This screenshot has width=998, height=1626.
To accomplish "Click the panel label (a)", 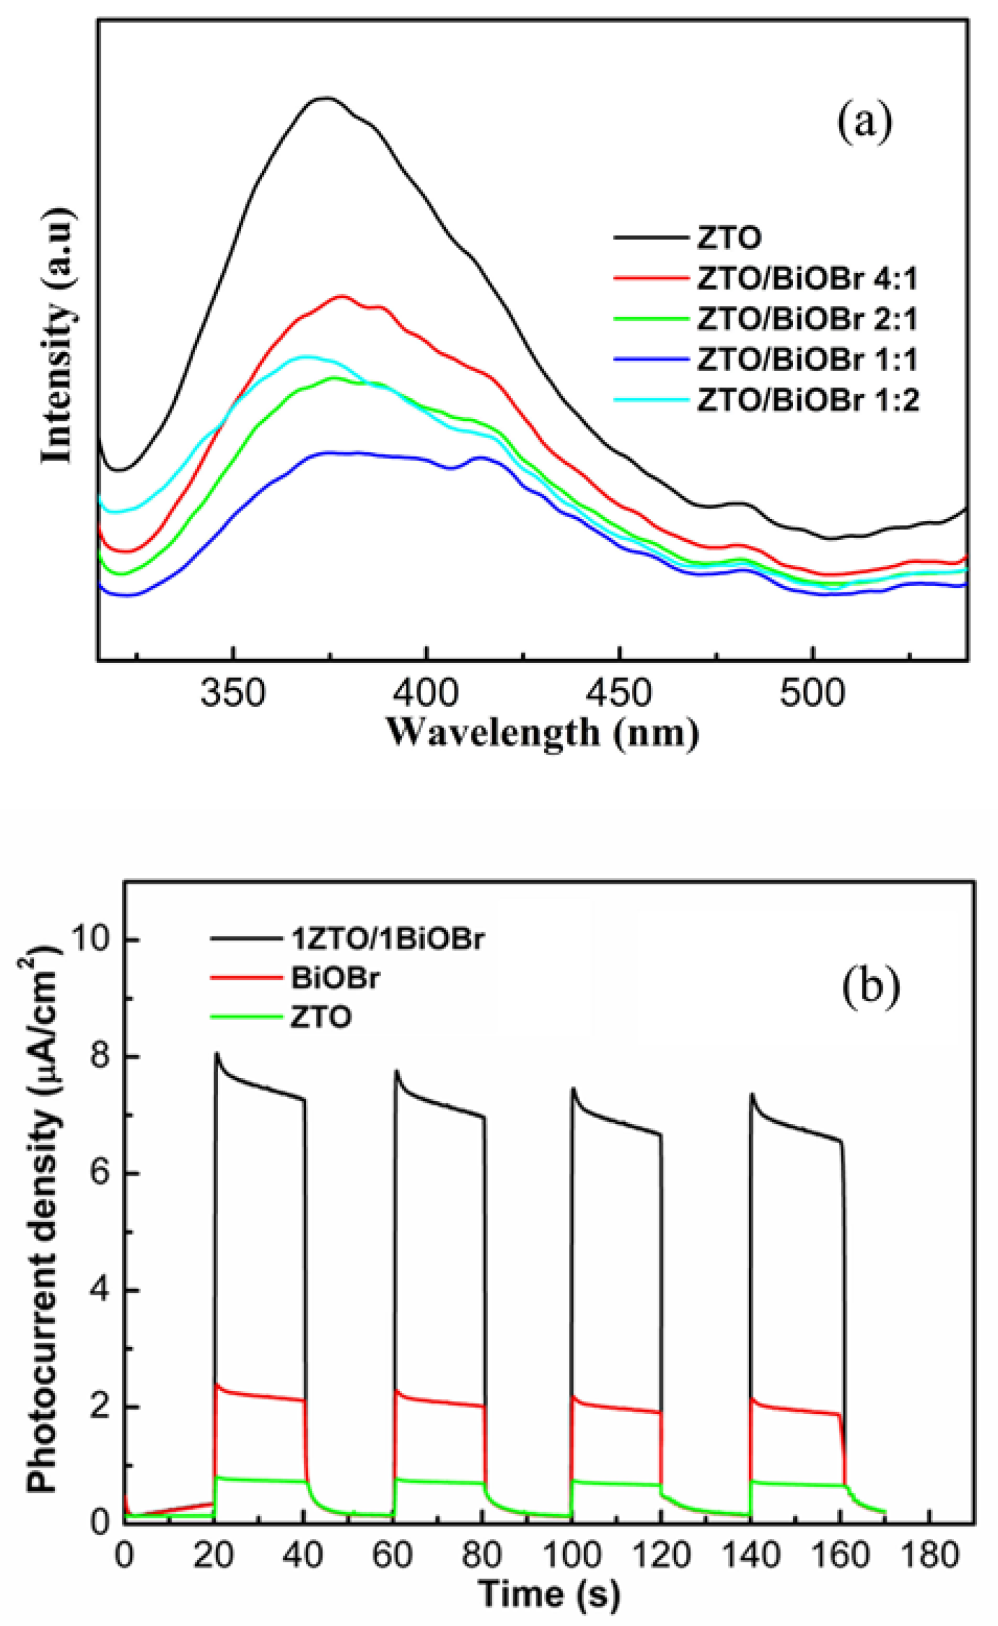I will (x=864, y=122).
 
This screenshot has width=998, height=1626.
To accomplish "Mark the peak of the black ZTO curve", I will (x=325, y=98).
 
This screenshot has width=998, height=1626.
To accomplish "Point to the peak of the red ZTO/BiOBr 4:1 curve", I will (x=341, y=296).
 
